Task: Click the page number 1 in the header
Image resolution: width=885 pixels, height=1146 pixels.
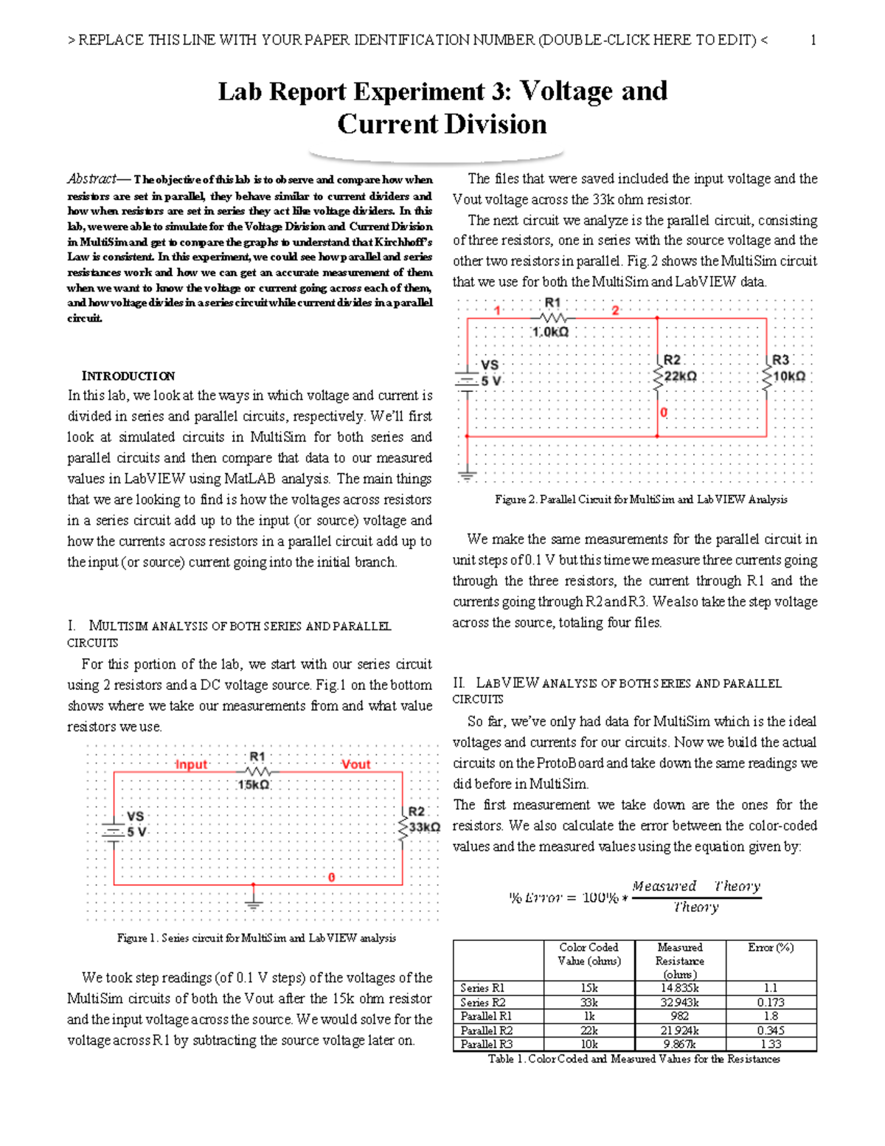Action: [x=813, y=41]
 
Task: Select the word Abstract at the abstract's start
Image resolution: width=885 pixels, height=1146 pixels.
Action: [x=91, y=179]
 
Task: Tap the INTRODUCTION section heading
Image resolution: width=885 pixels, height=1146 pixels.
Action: [x=128, y=376]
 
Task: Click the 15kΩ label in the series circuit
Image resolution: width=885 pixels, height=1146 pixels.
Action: [x=254, y=784]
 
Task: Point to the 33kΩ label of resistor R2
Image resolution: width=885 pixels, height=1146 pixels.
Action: [x=425, y=827]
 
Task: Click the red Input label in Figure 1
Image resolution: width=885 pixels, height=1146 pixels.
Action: [x=191, y=764]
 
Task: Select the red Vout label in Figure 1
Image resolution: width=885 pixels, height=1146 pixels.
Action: [x=355, y=764]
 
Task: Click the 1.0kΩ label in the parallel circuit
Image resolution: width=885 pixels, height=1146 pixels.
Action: [x=550, y=332]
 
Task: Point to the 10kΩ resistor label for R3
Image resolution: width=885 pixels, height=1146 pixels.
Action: [x=788, y=376]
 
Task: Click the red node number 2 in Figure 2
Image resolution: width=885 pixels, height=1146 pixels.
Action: [x=615, y=311]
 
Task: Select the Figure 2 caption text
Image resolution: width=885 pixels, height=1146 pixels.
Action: [x=641, y=500]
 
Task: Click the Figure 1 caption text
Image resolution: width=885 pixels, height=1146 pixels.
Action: [x=256, y=938]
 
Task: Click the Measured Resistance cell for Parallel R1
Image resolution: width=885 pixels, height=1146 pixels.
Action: [x=679, y=1016]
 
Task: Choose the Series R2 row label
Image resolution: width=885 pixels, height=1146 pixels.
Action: [x=483, y=1002]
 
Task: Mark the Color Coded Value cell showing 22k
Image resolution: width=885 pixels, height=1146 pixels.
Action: [x=589, y=1030]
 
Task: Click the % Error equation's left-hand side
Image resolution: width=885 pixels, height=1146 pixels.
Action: [x=536, y=897]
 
